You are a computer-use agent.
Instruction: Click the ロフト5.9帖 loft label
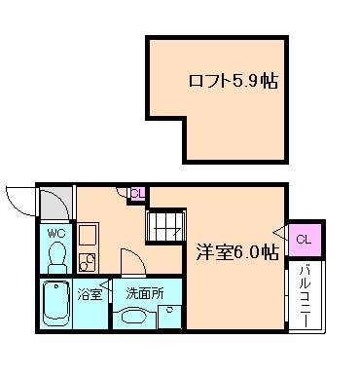pos(232,81)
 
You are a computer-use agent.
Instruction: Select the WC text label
pos(54,234)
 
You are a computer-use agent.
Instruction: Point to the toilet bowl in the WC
pos(56,258)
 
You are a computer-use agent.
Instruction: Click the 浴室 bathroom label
pos(90,292)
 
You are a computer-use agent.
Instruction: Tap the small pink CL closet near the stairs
pos(138,193)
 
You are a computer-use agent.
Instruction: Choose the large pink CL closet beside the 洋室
pos(304,239)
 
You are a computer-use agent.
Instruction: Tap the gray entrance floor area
pos(54,202)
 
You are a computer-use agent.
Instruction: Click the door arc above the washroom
pos(129,260)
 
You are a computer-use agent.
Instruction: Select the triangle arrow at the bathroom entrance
pos(107,289)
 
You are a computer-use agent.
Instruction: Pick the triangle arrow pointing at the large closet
pos(282,234)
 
